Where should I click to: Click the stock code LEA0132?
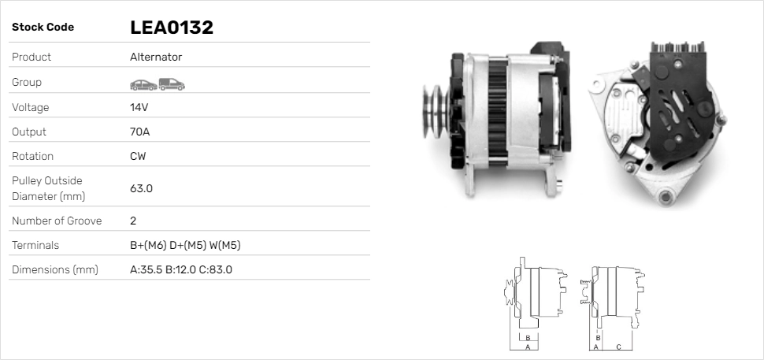(172, 28)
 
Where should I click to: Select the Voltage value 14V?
(139, 107)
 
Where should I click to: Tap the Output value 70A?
(140, 132)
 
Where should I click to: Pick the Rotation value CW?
(138, 156)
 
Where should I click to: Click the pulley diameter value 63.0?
(141, 188)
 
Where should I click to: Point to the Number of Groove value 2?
(133, 221)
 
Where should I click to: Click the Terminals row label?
(35, 245)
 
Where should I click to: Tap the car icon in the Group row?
(143, 84)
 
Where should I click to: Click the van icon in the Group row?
(171, 84)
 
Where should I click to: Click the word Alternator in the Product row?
(156, 57)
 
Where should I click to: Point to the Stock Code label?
(43, 28)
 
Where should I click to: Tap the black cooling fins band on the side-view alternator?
(496, 118)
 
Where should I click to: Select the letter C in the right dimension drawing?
(618, 347)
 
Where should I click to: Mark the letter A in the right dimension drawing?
(595, 347)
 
